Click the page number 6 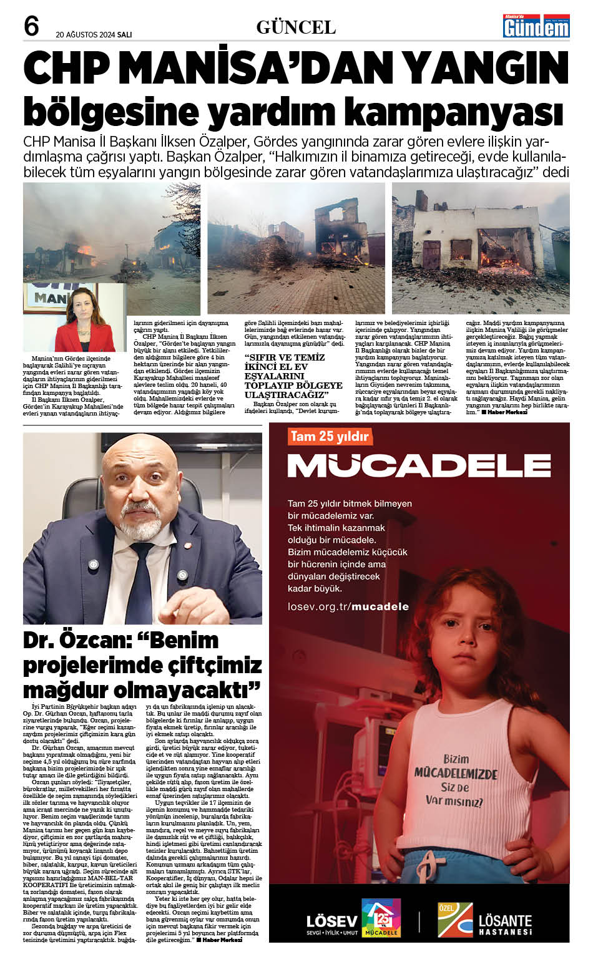(x=31, y=27)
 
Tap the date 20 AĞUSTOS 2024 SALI (x=94, y=35)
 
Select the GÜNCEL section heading (x=296, y=27)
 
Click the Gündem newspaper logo (x=536, y=26)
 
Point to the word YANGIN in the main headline (x=480, y=68)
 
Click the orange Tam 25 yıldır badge (x=330, y=436)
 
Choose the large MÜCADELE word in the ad (x=419, y=465)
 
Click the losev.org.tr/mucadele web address (x=348, y=606)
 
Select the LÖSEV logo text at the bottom (x=332, y=921)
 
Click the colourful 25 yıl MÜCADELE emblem (x=381, y=918)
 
